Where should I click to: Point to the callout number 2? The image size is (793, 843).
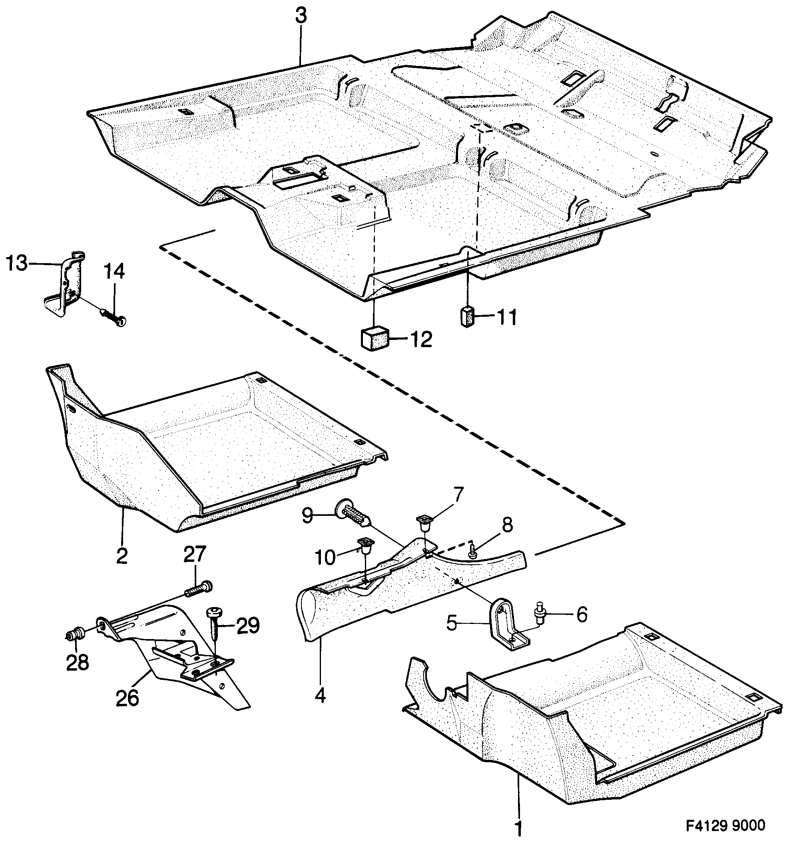point(122,556)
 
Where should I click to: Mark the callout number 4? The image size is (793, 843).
point(320,695)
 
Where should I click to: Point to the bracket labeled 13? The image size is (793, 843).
point(64,284)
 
